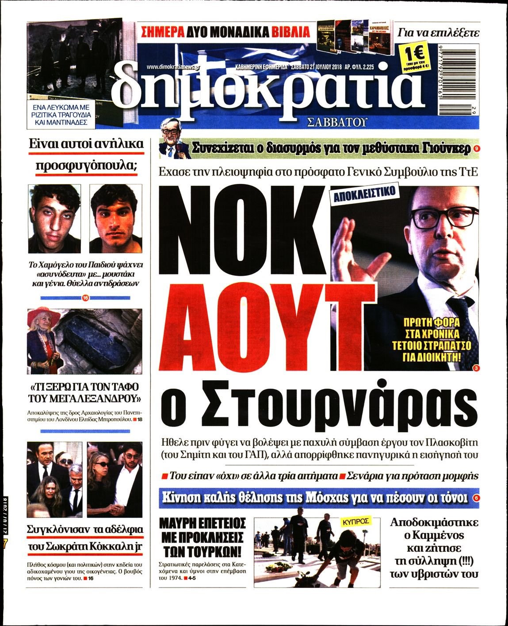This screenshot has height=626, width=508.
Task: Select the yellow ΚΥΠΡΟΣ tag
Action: pos(355,521)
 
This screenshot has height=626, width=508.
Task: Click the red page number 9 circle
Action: pos(476,149)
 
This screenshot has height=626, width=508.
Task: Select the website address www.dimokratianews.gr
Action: pos(173,67)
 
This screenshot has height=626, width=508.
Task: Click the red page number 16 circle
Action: pos(85,298)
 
